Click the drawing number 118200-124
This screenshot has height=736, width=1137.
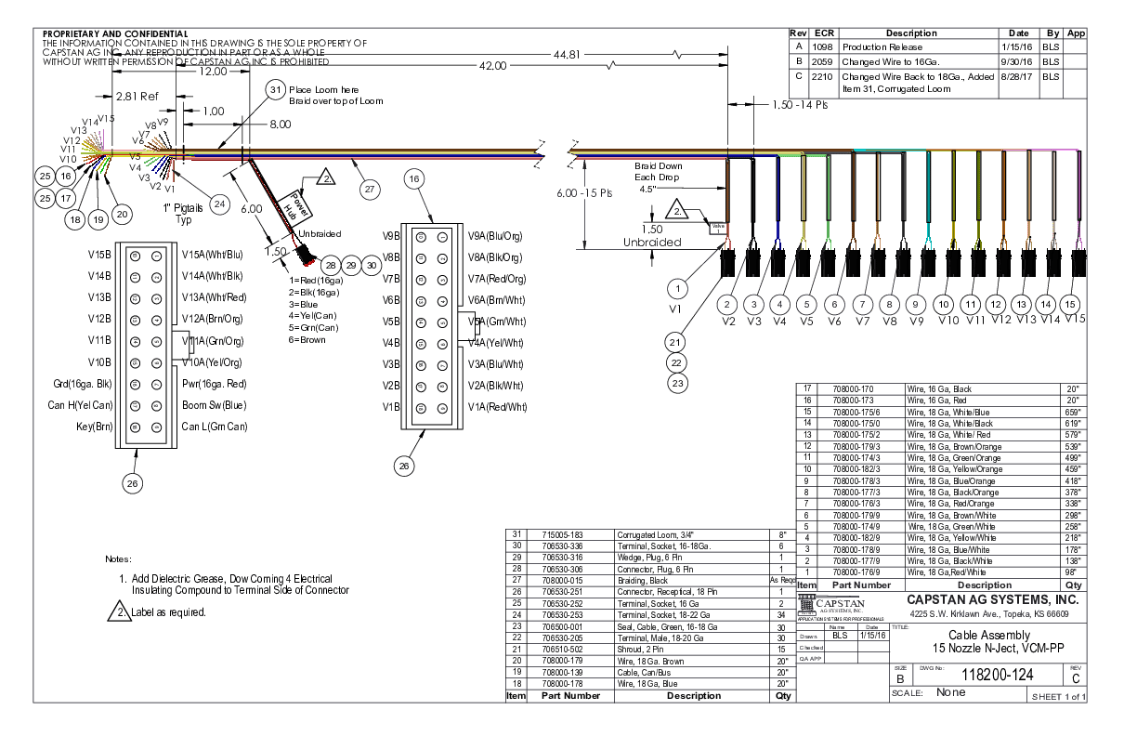click(999, 674)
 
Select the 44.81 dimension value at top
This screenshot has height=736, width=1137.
click(567, 54)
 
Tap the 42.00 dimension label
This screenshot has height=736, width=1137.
click(493, 66)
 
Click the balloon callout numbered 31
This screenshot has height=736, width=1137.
click(275, 89)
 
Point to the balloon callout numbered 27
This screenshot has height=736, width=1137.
click(370, 189)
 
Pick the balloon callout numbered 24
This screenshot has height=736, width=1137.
click(219, 203)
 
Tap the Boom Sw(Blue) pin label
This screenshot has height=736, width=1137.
click(215, 405)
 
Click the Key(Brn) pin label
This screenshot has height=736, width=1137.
click(95, 427)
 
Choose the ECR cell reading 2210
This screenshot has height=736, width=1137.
click(821, 77)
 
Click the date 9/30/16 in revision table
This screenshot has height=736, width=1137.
click(1017, 61)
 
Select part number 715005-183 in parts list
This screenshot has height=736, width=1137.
click(563, 535)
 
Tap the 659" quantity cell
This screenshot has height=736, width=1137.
click(1073, 412)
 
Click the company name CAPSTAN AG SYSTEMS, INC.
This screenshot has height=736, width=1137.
click(991, 599)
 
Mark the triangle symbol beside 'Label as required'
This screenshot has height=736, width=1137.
click(119, 611)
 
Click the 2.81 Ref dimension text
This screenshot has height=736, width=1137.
click(137, 96)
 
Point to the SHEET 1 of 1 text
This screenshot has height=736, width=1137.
click(1058, 696)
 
